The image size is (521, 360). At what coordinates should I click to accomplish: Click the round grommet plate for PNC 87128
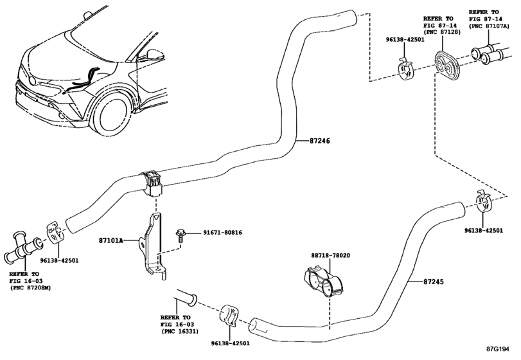click(x=444, y=64)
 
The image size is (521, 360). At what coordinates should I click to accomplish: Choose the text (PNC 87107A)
click(x=488, y=27)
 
